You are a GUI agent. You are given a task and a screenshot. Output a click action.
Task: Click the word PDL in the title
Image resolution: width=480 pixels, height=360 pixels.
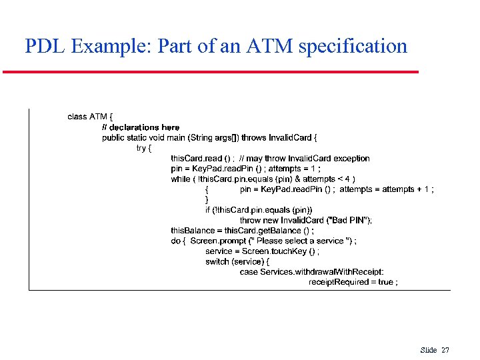(45, 46)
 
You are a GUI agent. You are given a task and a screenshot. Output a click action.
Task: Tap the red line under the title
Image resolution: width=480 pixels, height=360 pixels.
(211, 72)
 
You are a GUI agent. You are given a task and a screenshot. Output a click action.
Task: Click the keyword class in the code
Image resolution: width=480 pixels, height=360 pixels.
(77, 117)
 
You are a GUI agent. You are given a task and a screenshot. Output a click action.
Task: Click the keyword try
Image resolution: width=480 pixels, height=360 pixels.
(141, 148)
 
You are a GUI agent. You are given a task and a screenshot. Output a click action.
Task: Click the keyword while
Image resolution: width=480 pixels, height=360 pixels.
(180, 179)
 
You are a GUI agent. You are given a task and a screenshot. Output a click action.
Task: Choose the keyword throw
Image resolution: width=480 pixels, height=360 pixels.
(250, 221)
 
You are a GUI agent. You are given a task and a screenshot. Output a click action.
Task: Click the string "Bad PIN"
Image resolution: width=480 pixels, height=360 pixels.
(347, 221)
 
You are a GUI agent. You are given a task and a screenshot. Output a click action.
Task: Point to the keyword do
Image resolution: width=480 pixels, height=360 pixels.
(176, 241)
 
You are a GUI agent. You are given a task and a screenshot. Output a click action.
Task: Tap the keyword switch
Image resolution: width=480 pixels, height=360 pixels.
(217, 262)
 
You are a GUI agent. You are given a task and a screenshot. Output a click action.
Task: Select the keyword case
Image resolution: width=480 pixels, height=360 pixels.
(249, 272)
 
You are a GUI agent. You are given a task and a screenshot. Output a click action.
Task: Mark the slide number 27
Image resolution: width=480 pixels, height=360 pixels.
(445, 350)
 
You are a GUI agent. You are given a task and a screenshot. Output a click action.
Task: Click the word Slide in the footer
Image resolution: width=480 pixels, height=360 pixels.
(429, 350)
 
